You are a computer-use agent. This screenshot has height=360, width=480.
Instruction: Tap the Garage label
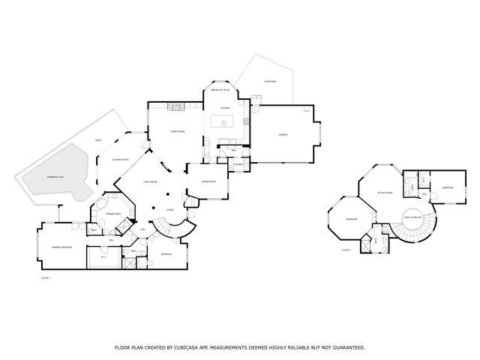point(283,135)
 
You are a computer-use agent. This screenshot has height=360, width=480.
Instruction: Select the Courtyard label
point(269,81)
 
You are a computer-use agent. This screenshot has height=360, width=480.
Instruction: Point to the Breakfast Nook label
point(220,90)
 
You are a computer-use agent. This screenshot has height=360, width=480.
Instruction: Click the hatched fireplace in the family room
point(174,107)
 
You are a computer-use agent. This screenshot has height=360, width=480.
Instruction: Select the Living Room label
point(150,182)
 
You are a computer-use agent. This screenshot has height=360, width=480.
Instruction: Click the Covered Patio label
point(120,160)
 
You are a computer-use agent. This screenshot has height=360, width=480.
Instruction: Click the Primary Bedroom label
point(61,247)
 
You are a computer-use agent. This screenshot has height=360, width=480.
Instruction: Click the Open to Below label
point(414,217)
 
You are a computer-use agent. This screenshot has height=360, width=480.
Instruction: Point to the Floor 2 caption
point(346,250)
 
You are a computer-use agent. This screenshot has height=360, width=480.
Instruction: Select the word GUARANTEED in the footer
point(346,347)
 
